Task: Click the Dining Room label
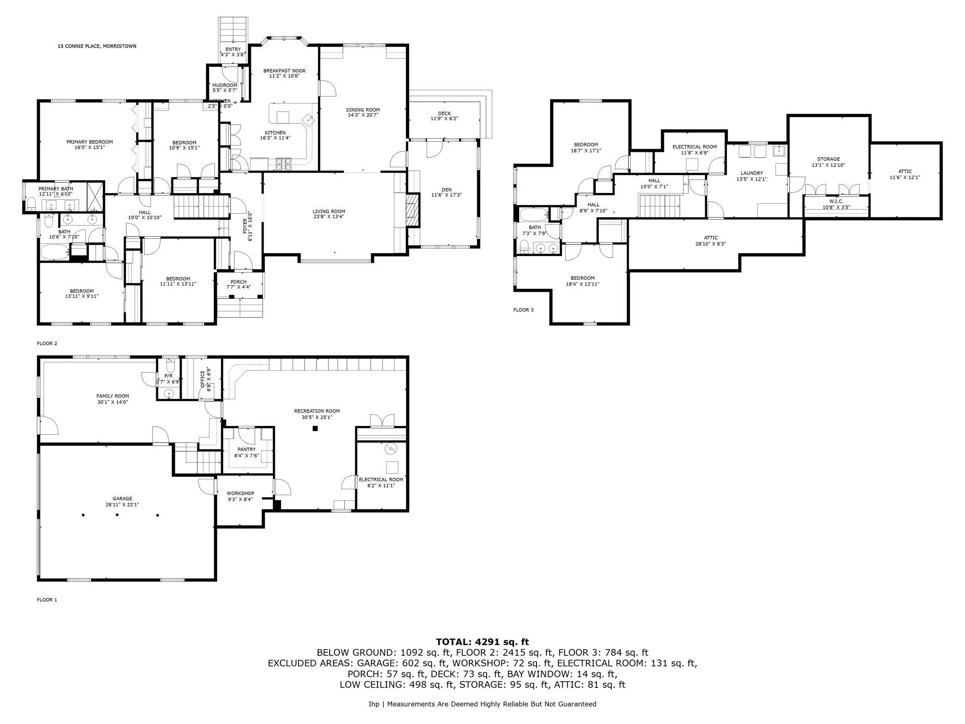point(362,110)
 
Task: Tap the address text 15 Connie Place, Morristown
point(97,46)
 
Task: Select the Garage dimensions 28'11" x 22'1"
point(122,505)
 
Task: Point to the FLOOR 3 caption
point(523,310)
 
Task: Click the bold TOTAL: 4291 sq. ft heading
point(482,642)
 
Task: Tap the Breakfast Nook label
point(284,71)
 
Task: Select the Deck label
point(444,114)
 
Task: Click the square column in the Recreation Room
point(315,429)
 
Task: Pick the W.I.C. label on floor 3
point(836,201)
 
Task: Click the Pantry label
point(247,449)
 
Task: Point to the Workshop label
point(240,493)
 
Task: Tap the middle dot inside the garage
point(117,515)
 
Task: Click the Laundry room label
point(751,173)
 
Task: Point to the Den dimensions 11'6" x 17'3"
point(446,195)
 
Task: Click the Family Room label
point(113,396)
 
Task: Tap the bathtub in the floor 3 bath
point(533,215)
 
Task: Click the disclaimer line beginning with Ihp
point(482,704)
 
